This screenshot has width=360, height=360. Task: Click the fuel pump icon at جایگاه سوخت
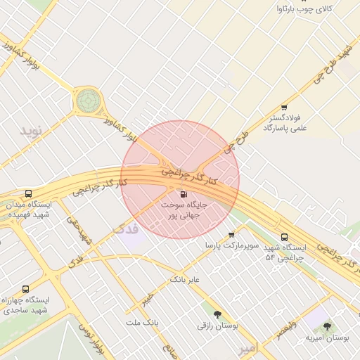[x=184, y=194]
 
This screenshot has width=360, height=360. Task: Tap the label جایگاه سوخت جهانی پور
[x=184, y=210]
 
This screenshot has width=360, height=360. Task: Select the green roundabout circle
[x=88, y=101]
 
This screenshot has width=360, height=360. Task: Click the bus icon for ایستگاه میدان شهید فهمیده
[x=28, y=194]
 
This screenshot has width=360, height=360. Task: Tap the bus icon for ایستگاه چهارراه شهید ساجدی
[x=26, y=289]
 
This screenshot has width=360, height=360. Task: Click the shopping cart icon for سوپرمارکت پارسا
[x=231, y=235]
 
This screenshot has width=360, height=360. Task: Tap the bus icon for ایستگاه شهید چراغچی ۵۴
[x=284, y=237]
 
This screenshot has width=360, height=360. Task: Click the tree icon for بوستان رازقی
[x=217, y=314]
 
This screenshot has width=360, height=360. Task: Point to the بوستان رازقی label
[x=218, y=326]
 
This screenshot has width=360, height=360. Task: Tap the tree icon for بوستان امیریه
[x=326, y=326]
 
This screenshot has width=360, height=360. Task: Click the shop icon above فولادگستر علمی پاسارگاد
[x=284, y=107]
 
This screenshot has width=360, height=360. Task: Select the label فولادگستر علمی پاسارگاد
[x=285, y=124]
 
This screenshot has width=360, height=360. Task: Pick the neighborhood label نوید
[x=31, y=131]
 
